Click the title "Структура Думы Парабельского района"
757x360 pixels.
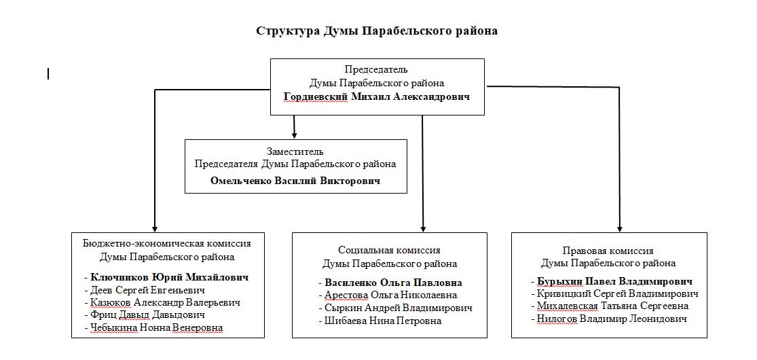[x=377, y=31]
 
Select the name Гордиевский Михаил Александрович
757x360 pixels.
[x=377, y=96]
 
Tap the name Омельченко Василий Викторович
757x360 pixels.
[x=295, y=181]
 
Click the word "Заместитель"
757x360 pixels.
[x=295, y=151]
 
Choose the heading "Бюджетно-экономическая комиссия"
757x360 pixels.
[x=167, y=243]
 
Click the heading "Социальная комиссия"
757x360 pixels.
[x=389, y=251]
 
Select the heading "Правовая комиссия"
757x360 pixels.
[x=608, y=251]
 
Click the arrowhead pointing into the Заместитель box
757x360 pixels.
[x=293, y=134]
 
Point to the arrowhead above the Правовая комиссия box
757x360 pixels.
[x=619, y=228]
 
